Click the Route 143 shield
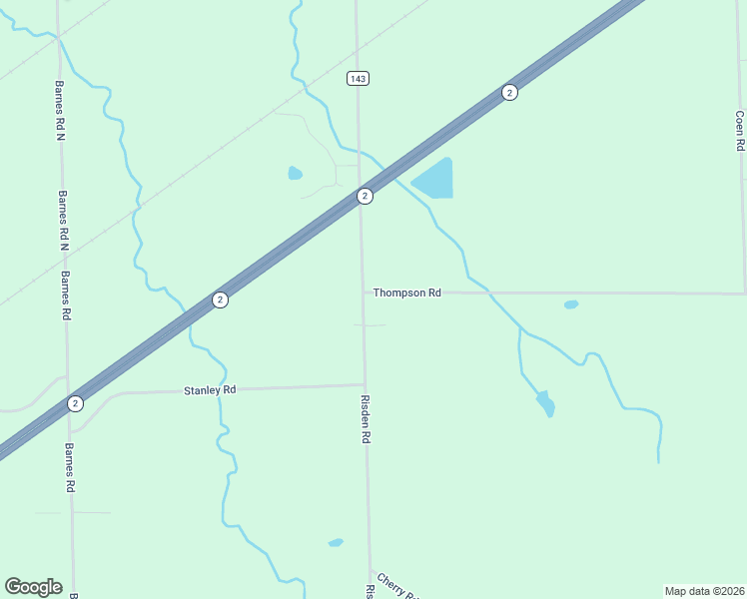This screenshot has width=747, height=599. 359,78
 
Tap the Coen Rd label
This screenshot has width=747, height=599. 739,131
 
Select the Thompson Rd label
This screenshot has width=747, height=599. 406,293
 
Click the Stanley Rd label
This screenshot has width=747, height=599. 210,390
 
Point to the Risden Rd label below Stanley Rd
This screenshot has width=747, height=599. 367,419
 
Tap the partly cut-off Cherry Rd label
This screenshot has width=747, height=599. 396,586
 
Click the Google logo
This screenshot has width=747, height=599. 33,587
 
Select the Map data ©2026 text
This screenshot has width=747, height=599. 705,591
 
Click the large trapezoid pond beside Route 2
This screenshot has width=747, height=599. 435,180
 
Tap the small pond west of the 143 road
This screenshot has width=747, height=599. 295,174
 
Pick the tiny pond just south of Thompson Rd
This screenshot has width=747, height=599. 571,304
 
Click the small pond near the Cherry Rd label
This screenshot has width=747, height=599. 336,543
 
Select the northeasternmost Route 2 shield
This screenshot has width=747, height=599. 509,93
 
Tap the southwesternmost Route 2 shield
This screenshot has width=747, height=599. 75,403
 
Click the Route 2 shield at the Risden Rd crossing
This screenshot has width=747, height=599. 366,196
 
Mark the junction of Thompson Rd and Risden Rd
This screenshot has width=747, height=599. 363,294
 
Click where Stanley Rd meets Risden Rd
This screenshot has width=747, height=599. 365,384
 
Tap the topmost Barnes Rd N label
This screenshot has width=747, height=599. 60,110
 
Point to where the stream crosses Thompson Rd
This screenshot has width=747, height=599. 490,294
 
